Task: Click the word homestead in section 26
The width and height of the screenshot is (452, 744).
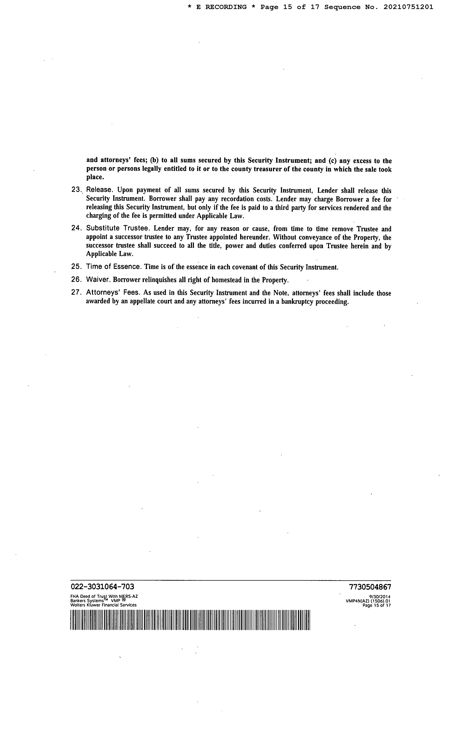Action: pyautogui.click(x=226, y=280)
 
